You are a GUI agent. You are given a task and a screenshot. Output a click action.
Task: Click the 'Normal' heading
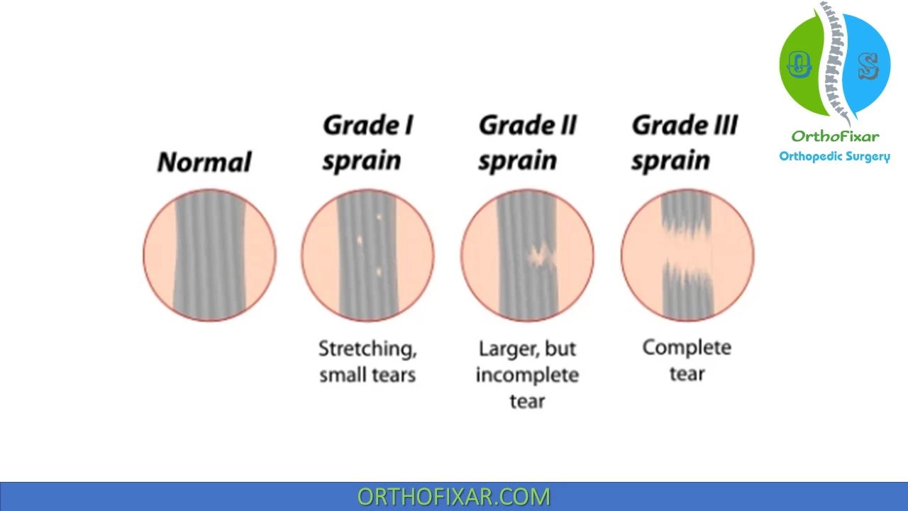(x=204, y=162)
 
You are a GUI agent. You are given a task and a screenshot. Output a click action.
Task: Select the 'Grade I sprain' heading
(x=367, y=143)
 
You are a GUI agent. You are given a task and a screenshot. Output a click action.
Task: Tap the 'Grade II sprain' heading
(x=527, y=143)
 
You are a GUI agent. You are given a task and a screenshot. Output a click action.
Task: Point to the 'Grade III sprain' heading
(x=685, y=143)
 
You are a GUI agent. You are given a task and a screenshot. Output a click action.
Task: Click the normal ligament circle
(x=209, y=255)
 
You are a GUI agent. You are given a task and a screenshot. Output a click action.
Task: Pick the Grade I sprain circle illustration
(x=367, y=255)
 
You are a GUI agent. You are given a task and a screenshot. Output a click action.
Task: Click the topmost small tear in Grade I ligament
(x=379, y=217)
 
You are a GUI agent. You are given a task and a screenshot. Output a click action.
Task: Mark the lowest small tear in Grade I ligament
(x=379, y=272)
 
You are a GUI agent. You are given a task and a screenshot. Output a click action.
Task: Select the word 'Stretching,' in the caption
(x=367, y=349)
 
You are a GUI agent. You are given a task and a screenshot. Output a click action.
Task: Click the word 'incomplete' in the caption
(x=527, y=375)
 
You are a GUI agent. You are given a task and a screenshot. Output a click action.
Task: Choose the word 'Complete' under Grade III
(x=687, y=348)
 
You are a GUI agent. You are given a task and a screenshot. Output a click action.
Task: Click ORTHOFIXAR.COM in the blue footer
(x=453, y=497)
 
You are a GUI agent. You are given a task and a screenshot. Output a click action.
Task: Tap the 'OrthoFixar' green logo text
(x=835, y=136)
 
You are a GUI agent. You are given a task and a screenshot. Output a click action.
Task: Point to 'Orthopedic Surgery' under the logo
(x=835, y=157)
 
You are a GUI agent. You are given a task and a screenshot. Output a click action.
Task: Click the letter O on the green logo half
(x=799, y=65)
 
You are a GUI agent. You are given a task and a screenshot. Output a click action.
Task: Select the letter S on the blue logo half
(x=868, y=66)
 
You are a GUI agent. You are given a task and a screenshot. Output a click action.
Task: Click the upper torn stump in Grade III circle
(x=686, y=211)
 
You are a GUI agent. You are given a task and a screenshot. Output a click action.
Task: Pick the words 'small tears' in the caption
(x=367, y=375)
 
